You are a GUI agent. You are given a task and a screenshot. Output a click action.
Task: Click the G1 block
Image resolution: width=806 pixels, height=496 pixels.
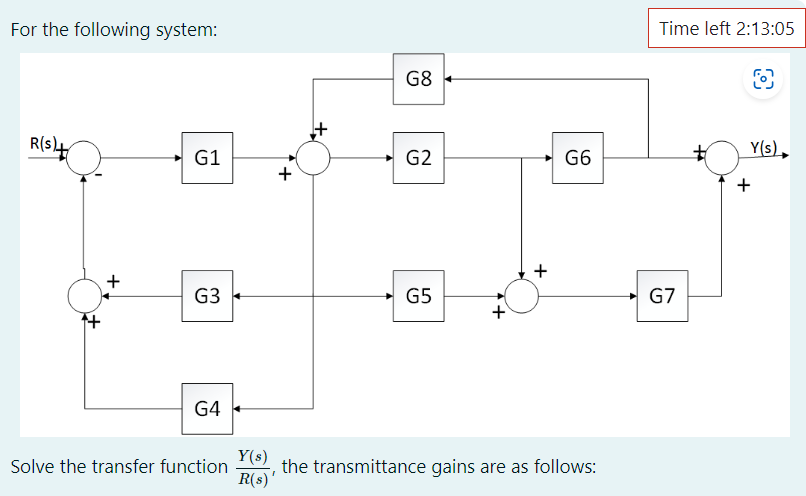coord(207,157)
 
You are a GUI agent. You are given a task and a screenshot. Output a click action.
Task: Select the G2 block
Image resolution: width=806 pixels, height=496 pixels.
coord(419,157)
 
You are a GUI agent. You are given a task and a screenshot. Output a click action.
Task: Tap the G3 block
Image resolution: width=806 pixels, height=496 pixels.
coord(207,296)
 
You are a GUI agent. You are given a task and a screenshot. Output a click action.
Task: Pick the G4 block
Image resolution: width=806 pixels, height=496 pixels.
coord(207,408)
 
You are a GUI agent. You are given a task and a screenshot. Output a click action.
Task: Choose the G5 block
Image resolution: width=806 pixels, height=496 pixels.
coord(419,296)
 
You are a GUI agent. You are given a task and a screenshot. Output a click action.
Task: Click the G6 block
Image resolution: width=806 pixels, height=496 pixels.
coord(578,157)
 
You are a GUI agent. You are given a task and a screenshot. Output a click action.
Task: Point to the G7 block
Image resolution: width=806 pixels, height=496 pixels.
coord(662,296)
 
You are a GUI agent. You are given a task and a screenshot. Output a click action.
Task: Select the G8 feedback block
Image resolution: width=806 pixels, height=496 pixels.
coord(419,78)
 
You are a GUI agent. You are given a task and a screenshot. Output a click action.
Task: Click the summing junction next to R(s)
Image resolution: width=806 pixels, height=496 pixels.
coord(85,157)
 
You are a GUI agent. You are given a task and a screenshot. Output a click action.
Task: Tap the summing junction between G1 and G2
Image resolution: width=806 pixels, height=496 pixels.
coord(314,157)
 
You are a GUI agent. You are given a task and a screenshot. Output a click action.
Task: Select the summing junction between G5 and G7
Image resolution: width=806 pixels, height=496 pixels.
coord(521,296)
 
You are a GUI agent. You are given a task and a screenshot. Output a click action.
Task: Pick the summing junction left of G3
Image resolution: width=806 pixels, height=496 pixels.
coord(85,296)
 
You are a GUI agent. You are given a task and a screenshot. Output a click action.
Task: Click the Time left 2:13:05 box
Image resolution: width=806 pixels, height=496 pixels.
coord(727,28)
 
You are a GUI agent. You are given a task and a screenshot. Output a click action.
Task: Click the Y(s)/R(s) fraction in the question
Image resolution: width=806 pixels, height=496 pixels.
coord(252,467)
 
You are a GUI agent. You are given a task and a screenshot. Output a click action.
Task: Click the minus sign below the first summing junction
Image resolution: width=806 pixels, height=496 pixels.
coord(99,177)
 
